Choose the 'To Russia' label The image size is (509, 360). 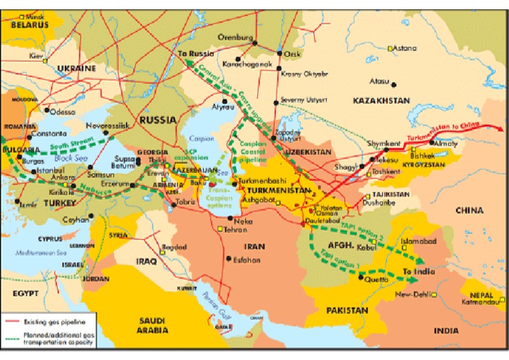tap(192, 52)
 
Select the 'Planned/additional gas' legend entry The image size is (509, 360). tap(56, 336)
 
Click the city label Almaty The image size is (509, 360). tap(443, 143)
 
